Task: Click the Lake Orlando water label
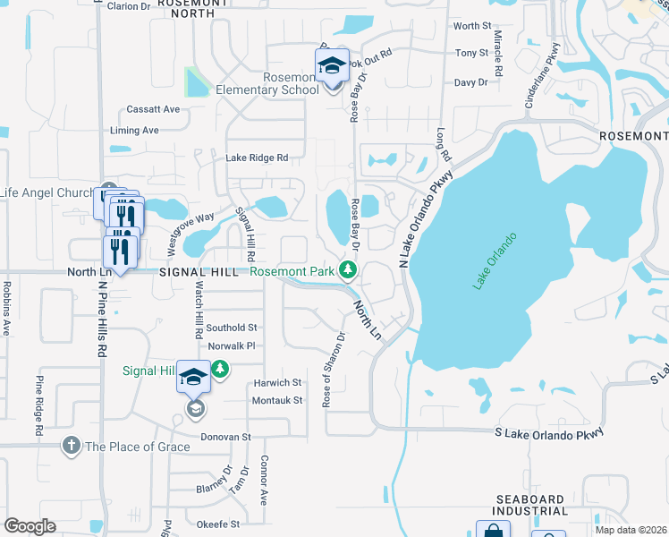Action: [495, 260]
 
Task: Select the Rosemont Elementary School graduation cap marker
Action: [332, 65]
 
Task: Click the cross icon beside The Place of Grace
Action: [72, 445]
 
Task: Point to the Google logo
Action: [30, 526]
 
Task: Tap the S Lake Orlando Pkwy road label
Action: [549, 432]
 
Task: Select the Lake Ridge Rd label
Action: [257, 158]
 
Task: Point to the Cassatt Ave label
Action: [153, 109]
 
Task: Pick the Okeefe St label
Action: [218, 524]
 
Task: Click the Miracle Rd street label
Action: [497, 61]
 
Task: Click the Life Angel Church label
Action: [47, 192]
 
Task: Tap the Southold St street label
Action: [233, 328]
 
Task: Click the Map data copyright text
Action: [631, 530]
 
